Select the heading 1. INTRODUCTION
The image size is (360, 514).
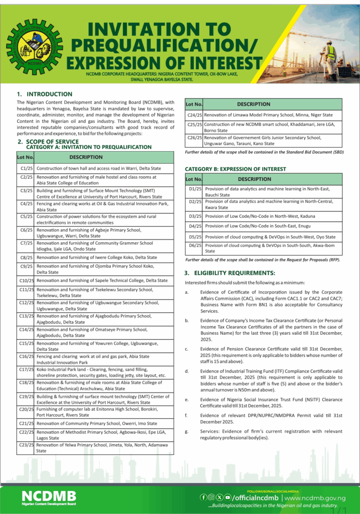(x=45, y=94)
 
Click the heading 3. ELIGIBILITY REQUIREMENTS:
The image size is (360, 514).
(x=230, y=273)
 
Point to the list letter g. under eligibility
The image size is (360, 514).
(x=187, y=432)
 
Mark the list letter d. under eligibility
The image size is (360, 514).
(x=187, y=371)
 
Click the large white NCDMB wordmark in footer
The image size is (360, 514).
(x=49, y=496)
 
